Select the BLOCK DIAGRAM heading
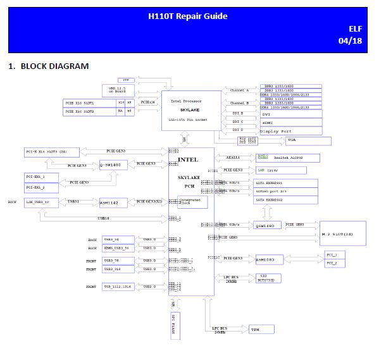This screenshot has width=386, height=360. click(x=54, y=66)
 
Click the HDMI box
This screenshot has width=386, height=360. click(x=291, y=122)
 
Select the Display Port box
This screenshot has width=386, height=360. click(x=291, y=131)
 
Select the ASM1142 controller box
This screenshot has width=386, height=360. click(x=113, y=203)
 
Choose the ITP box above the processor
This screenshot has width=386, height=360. click(x=127, y=80)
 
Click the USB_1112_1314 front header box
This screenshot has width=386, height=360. click(x=118, y=287)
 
